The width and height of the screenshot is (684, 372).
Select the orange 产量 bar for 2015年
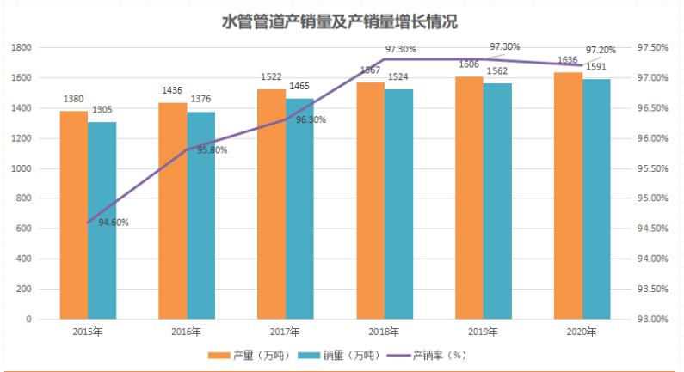pyautogui.click(x=73, y=215)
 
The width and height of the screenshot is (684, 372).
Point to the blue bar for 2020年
pyautogui.click(x=595, y=198)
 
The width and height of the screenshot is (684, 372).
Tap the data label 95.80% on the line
pyautogui.click(x=212, y=150)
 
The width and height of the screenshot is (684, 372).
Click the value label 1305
pyautogui.click(x=102, y=110)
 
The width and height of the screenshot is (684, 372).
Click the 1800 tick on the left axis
pyautogui.click(x=22, y=48)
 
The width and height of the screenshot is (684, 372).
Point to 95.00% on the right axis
pyautogui.click(x=651, y=198)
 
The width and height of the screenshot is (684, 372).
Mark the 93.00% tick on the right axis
pyautogui.click(x=651, y=319)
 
